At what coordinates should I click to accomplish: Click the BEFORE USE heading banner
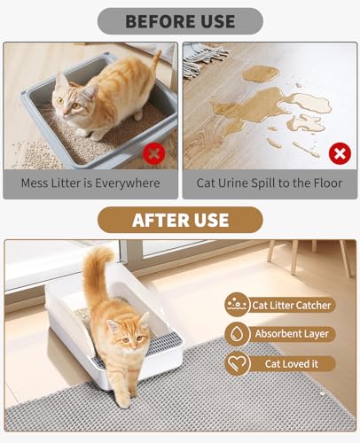179,20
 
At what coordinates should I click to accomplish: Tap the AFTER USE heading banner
180,220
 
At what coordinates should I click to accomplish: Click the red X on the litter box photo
154,152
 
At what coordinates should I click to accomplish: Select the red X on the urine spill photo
339,153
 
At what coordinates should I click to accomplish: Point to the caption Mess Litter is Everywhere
91,183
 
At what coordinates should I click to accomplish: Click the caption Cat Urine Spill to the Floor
269,183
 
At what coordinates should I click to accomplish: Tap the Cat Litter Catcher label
292,305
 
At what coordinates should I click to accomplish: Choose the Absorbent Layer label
292,334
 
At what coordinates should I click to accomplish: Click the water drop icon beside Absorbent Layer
237,334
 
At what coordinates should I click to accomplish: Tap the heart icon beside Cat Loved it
237,363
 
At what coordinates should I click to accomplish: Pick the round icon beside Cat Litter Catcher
237,305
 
